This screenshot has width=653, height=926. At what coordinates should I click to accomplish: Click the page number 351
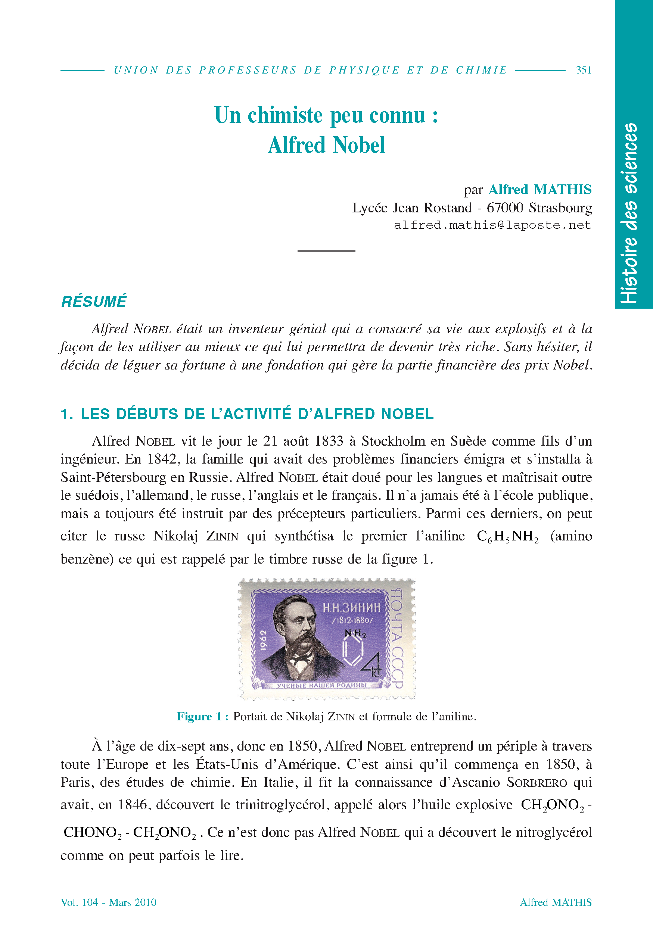pos(583,70)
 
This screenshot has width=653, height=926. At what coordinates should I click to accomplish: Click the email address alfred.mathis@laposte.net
pos(492,225)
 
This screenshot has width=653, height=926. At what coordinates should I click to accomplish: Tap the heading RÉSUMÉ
pos(94,302)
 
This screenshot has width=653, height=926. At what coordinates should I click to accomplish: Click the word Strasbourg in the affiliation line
pos(560,208)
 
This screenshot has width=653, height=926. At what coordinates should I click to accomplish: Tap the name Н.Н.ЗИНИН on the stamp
pos(351,608)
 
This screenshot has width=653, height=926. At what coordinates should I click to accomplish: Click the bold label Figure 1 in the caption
pos(202,717)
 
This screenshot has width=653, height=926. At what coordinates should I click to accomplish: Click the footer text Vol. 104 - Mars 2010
pos(109,902)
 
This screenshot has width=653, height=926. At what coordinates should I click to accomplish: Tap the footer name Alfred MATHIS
pos(556,902)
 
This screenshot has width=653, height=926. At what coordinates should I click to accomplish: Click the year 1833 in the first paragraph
pos(329,441)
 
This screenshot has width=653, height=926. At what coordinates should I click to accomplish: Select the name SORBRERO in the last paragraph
pos(537,783)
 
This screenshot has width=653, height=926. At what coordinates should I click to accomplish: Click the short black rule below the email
pos(326,251)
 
